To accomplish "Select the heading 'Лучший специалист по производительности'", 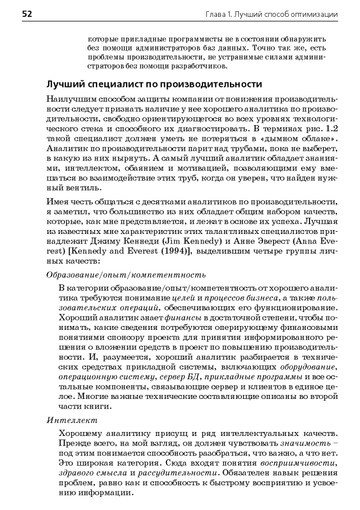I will tap(154, 85).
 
